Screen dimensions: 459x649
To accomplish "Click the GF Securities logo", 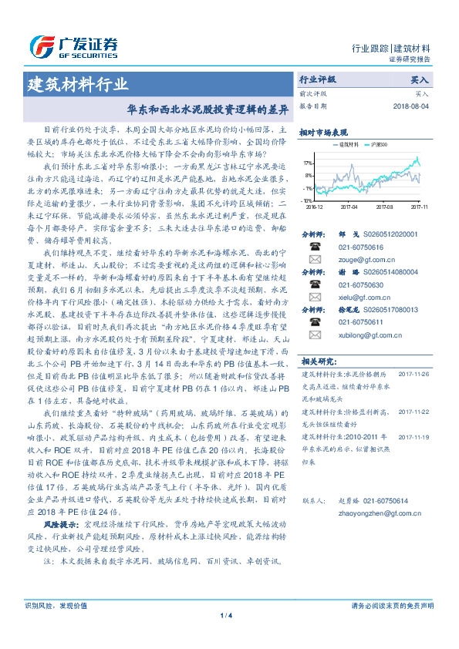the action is point(73,45).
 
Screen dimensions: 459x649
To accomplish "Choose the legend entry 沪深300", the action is point(379,144).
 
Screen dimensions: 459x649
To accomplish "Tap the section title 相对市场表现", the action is point(325,132).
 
